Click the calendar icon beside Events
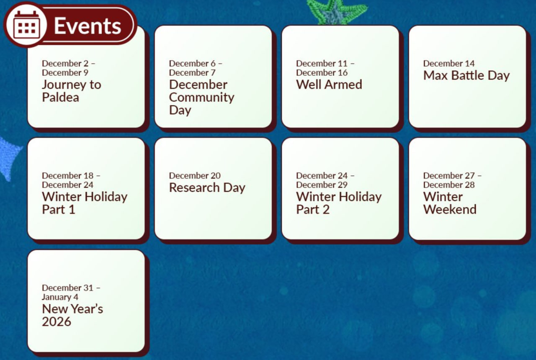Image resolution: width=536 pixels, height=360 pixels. (x=26, y=25)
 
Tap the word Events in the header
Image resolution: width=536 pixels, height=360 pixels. (x=88, y=26)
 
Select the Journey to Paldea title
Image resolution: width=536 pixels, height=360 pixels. (x=72, y=91)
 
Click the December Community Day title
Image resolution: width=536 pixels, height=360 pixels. (x=201, y=98)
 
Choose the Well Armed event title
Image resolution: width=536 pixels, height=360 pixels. (x=329, y=85)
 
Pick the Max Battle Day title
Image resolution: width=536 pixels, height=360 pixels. (x=466, y=76)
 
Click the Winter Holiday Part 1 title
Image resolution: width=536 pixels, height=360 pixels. (x=85, y=203)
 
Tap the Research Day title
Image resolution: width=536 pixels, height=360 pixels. (x=207, y=188)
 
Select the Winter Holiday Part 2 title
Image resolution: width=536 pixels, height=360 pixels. (x=339, y=203)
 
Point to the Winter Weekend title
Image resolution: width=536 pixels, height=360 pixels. (x=450, y=203)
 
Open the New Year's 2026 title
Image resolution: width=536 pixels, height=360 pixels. (x=72, y=315)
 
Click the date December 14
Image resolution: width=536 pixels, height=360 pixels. (x=449, y=63)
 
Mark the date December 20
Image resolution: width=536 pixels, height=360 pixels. (x=195, y=175)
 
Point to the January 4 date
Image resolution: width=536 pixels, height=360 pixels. (x=60, y=297)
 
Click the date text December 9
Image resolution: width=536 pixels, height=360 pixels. (x=65, y=72)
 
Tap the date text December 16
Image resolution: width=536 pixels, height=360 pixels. (x=322, y=72)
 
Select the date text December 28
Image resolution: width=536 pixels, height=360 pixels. (x=449, y=185)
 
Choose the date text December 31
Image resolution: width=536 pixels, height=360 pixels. (x=68, y=288)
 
